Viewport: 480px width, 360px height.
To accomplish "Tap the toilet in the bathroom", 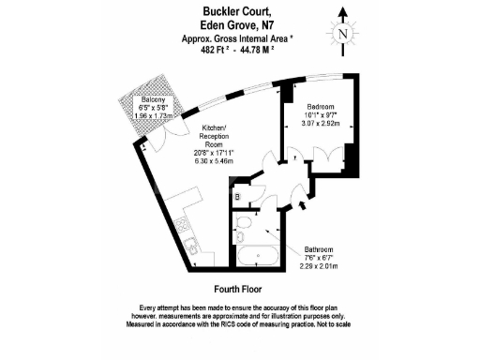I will (242, 228).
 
